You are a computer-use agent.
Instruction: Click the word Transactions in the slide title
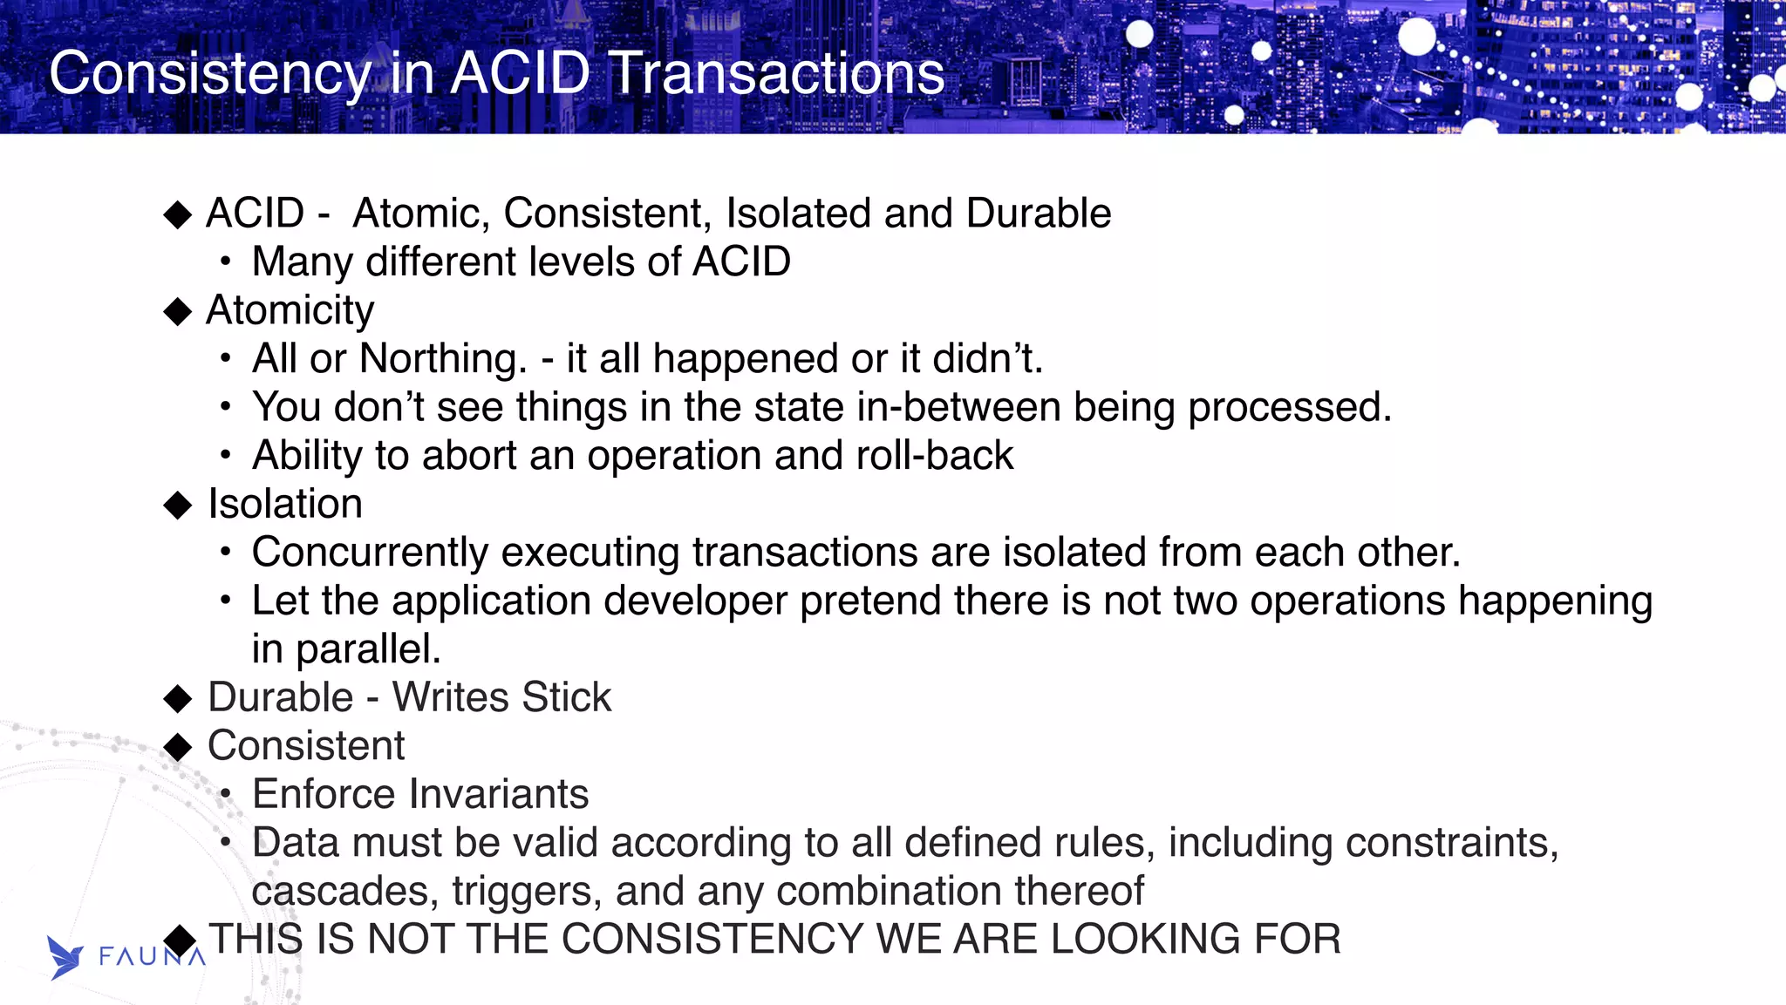point(776,73)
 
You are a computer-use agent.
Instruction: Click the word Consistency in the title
point(209,73)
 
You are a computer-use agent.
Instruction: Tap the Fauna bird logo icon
point(65,957)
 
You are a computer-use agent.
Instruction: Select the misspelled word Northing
point(443,358)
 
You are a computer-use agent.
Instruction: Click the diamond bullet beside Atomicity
point(178,311)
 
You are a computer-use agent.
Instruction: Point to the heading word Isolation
point(285,504)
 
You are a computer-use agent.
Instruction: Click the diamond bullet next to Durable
point(178,697)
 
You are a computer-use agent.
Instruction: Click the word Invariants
point(501,794)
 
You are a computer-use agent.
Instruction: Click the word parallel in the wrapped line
point(367,648)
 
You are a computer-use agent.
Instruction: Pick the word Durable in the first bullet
point(1039,214)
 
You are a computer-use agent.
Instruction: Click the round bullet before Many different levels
point(226,261)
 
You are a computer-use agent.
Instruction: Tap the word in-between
point(958,407)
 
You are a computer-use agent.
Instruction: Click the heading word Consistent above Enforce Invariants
point(306,745)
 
